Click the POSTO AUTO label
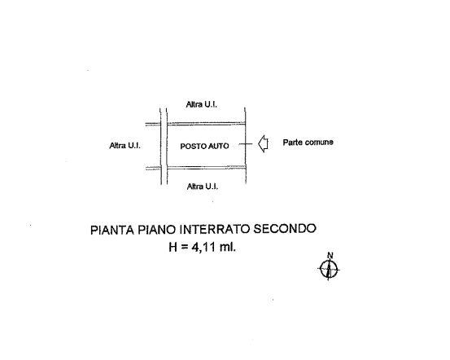[x=204, y=147]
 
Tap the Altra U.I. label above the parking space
[x=202, y=104]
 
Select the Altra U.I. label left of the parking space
[x=125, y=146]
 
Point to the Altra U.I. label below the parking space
[x=203, y=187]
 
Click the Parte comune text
[x=308, y=143]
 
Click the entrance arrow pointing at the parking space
[x=263, y=144]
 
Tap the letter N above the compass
[x=330, y=255]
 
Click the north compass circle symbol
[x=329, y=270]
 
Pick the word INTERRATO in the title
[x=215, y=229]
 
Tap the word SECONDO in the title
[x=285, y=229]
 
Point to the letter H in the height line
[x=173, y=247]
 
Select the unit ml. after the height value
[x=228, y=247]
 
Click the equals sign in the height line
[x=184, y=248]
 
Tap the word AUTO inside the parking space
[x=218, y=147]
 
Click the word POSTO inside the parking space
[x=193, y=147]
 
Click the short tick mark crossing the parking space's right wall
[x=246, y=144]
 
